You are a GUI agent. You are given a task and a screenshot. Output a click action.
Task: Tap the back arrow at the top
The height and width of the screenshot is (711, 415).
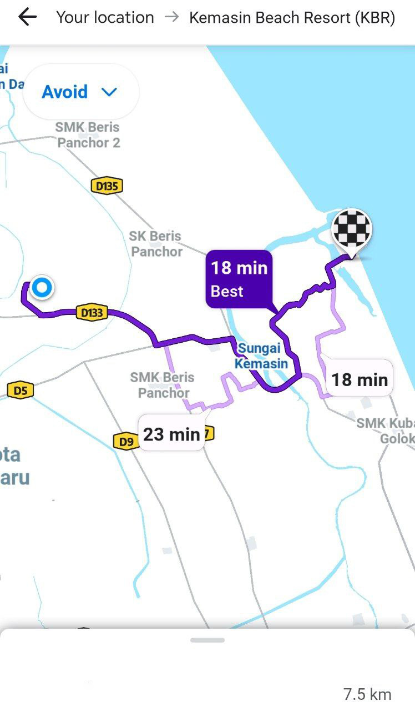point(27,18)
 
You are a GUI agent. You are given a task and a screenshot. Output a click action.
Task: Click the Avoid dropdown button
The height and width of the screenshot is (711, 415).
point(80,92)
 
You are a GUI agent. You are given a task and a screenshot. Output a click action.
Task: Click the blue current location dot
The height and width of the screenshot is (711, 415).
point(42,288)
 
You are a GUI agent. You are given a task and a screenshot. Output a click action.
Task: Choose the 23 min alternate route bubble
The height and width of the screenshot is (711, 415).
point(171,433)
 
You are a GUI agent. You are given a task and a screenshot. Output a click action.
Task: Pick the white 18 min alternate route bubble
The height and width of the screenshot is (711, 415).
point(359,379)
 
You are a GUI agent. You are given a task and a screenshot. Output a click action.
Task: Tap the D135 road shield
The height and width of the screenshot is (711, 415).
point(107,186)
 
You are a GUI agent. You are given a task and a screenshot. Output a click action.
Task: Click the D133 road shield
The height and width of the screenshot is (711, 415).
point(92,313)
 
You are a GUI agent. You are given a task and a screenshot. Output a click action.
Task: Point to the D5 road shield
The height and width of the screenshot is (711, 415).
point(20,390)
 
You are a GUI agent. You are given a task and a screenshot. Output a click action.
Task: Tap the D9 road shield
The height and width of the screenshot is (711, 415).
point(126,442)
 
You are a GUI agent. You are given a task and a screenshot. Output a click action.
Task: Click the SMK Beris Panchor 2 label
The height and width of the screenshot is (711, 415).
point(88,135)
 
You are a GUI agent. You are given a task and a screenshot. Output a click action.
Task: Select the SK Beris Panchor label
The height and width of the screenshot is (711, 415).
point(156,244)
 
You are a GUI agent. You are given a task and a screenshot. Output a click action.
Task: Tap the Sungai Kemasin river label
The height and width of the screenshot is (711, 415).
point(261,356)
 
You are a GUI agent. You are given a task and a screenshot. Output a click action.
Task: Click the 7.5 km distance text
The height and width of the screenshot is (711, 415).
point(367,694)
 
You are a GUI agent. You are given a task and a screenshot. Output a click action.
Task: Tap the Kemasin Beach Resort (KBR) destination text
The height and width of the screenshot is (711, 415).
point(292,18)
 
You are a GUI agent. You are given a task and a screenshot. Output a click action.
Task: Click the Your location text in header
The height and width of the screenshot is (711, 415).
point(105,18)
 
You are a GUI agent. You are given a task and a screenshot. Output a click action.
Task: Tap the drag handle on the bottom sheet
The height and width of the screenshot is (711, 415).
point(207,640)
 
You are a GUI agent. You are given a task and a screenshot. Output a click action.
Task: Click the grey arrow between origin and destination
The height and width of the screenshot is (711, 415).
point(172,17)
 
